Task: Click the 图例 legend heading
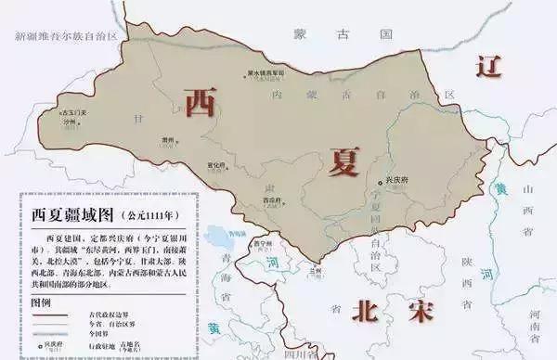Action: click(42, 302)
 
